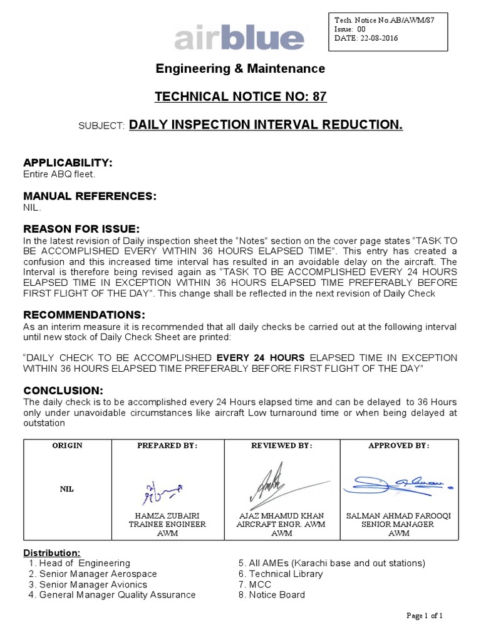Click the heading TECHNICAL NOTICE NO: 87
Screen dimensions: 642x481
[240, 97]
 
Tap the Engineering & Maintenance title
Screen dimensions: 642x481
[240, 69]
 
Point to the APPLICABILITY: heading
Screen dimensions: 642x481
[68, 163]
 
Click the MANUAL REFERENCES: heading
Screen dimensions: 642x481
[90, 196]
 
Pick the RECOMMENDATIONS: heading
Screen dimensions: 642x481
[85, 314]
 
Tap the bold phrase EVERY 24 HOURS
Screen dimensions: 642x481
[256, 358]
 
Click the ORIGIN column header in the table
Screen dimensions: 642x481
[68, 445]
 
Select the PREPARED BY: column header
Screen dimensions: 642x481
[168, 445]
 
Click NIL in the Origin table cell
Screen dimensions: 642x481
[68, 488]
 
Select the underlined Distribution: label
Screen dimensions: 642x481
[52, 552]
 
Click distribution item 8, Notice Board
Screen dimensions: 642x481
[272, 594]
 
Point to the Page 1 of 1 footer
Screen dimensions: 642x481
[425, 616]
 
